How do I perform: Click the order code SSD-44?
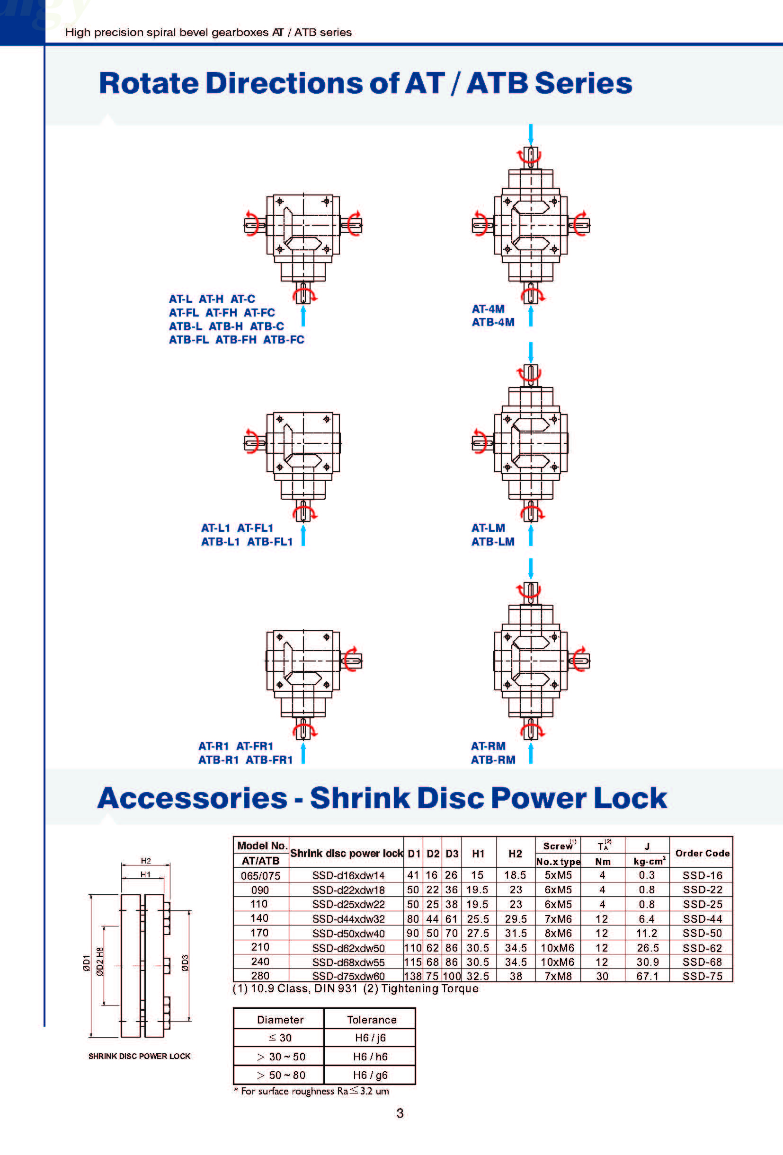tap(702, 918)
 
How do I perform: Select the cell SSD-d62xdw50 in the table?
tap(348, 948)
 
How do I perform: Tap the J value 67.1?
tap(647, 976)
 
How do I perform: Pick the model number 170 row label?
tap(259, 933)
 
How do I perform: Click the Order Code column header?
tap(702, 853)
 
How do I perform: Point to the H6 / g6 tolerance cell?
tap(370, 1075)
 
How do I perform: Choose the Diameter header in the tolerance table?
tap(280, 1020)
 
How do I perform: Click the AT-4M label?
tap(488, 309)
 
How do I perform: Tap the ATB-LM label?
tap(493, 541)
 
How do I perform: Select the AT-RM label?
tap(488, 746)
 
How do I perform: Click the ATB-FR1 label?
tap(269, 759)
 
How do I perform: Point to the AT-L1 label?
tap(215, 528)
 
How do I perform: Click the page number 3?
tap(400, 1113)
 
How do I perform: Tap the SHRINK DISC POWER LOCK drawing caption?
tap(139, 1056)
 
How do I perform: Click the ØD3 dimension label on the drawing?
tap(185, 963)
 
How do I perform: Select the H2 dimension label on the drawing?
tap(146, 860)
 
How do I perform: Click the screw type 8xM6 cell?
tap(558, 933)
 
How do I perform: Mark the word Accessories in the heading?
tap(192, 798)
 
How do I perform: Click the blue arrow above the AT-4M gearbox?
tap(531, 134)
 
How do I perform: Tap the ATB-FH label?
tap(236, 339)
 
